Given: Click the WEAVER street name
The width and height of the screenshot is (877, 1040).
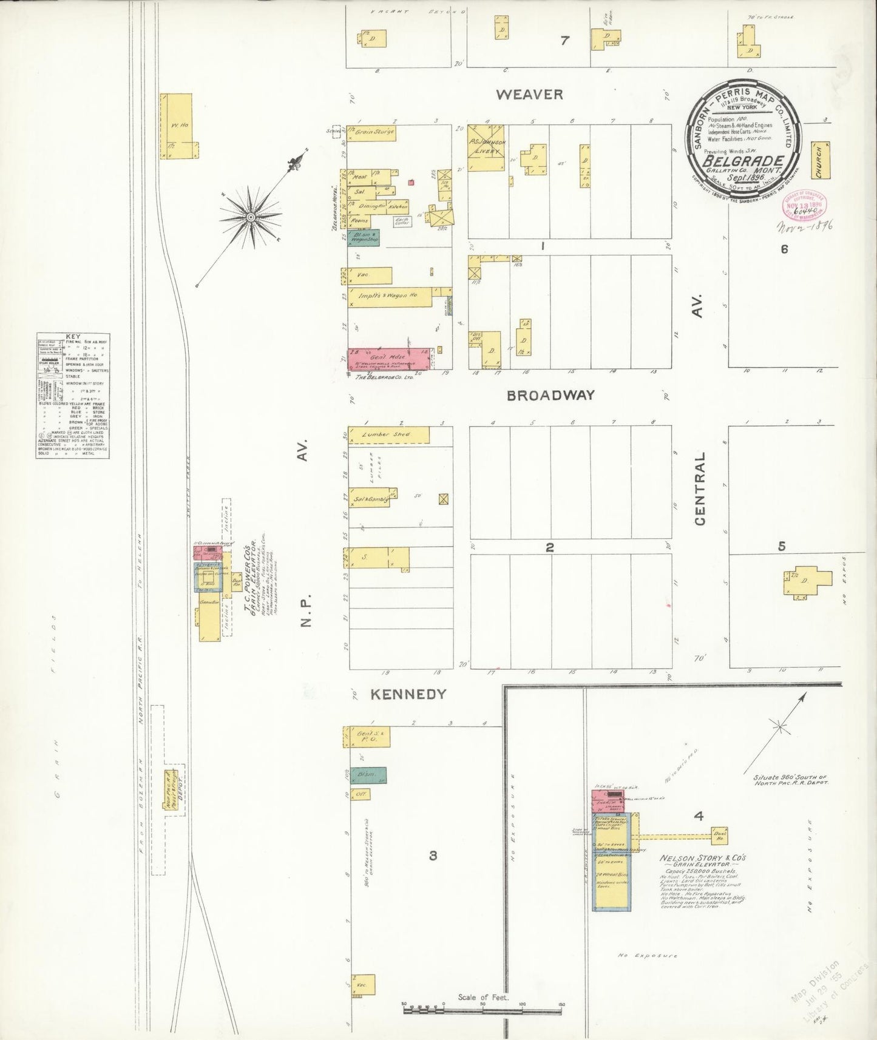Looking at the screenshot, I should click(x=529, y=95).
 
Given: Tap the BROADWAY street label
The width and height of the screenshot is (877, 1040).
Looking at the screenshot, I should click(x=550, y=395).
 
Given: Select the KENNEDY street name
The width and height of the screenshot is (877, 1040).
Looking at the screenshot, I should click(x=408, y=694).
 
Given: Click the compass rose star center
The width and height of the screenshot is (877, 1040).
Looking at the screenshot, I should click(x=250, y=217).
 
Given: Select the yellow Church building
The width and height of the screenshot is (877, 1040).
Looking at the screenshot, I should click(x=820, y=161).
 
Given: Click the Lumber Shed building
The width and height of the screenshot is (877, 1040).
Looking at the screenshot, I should click(x=388, y=435).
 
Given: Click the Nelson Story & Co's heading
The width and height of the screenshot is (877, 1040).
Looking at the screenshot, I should click(x=702, y=859).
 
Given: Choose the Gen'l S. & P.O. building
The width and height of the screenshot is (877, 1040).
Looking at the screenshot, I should click(x=366, y=736).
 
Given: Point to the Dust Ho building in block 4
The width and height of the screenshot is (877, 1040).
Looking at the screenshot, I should click(x=720, y=836).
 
